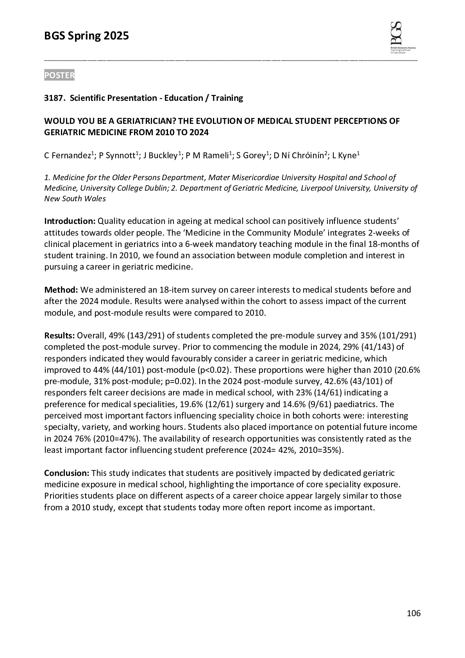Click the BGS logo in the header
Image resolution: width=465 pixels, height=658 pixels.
tap(402, 38)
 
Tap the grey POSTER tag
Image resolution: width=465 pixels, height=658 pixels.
tap(59, 75)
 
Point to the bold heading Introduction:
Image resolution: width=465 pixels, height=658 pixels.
tap(70, 221)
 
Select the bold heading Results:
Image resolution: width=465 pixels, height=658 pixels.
tap(59, 336)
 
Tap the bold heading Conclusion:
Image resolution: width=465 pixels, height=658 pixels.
tap(67, 473)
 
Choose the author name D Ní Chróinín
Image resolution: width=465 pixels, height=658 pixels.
tap(299, 156)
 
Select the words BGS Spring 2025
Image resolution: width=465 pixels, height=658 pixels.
tap(86, 36)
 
